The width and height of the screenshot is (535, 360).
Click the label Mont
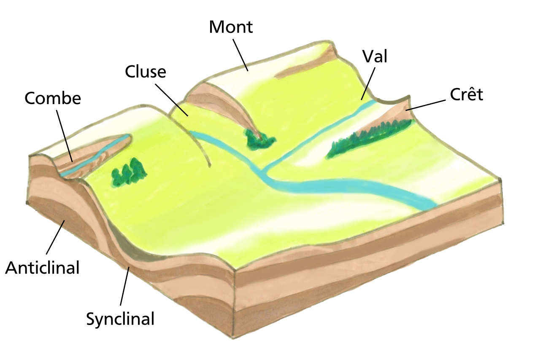coord(231,27)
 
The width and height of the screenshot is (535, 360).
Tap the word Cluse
coord(146,72)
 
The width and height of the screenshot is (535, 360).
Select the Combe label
coord(53,98)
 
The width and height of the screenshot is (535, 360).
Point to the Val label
coord(375,57)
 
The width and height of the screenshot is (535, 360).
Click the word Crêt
coord(466,94)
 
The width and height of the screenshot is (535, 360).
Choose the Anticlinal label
coord(42,267)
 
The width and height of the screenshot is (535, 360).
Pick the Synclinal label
coord(120,318)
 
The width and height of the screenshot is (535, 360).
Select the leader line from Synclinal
coord(125,286)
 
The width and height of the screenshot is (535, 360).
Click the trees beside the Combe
coord(129,173)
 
